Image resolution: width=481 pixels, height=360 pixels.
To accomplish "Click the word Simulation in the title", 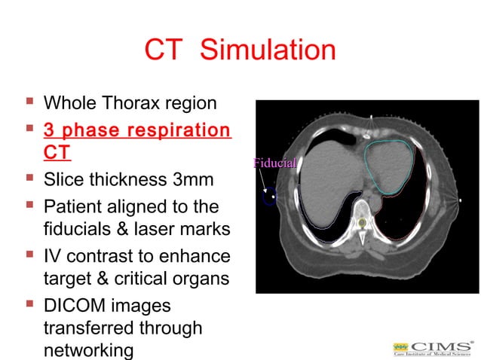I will [268, 50].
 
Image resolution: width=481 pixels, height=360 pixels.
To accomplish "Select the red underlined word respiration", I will [173, 130].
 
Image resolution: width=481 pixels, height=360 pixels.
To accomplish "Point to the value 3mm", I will [195, 180].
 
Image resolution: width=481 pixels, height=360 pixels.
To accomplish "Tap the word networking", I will [89, 350].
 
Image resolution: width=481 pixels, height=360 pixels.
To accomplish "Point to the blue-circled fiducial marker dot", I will [270, 197].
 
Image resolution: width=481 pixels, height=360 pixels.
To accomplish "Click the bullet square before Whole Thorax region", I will [29, 101].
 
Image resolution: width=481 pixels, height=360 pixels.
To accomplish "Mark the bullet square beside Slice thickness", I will [29, 178].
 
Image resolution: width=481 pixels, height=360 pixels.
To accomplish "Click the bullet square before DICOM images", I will [29, 305].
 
